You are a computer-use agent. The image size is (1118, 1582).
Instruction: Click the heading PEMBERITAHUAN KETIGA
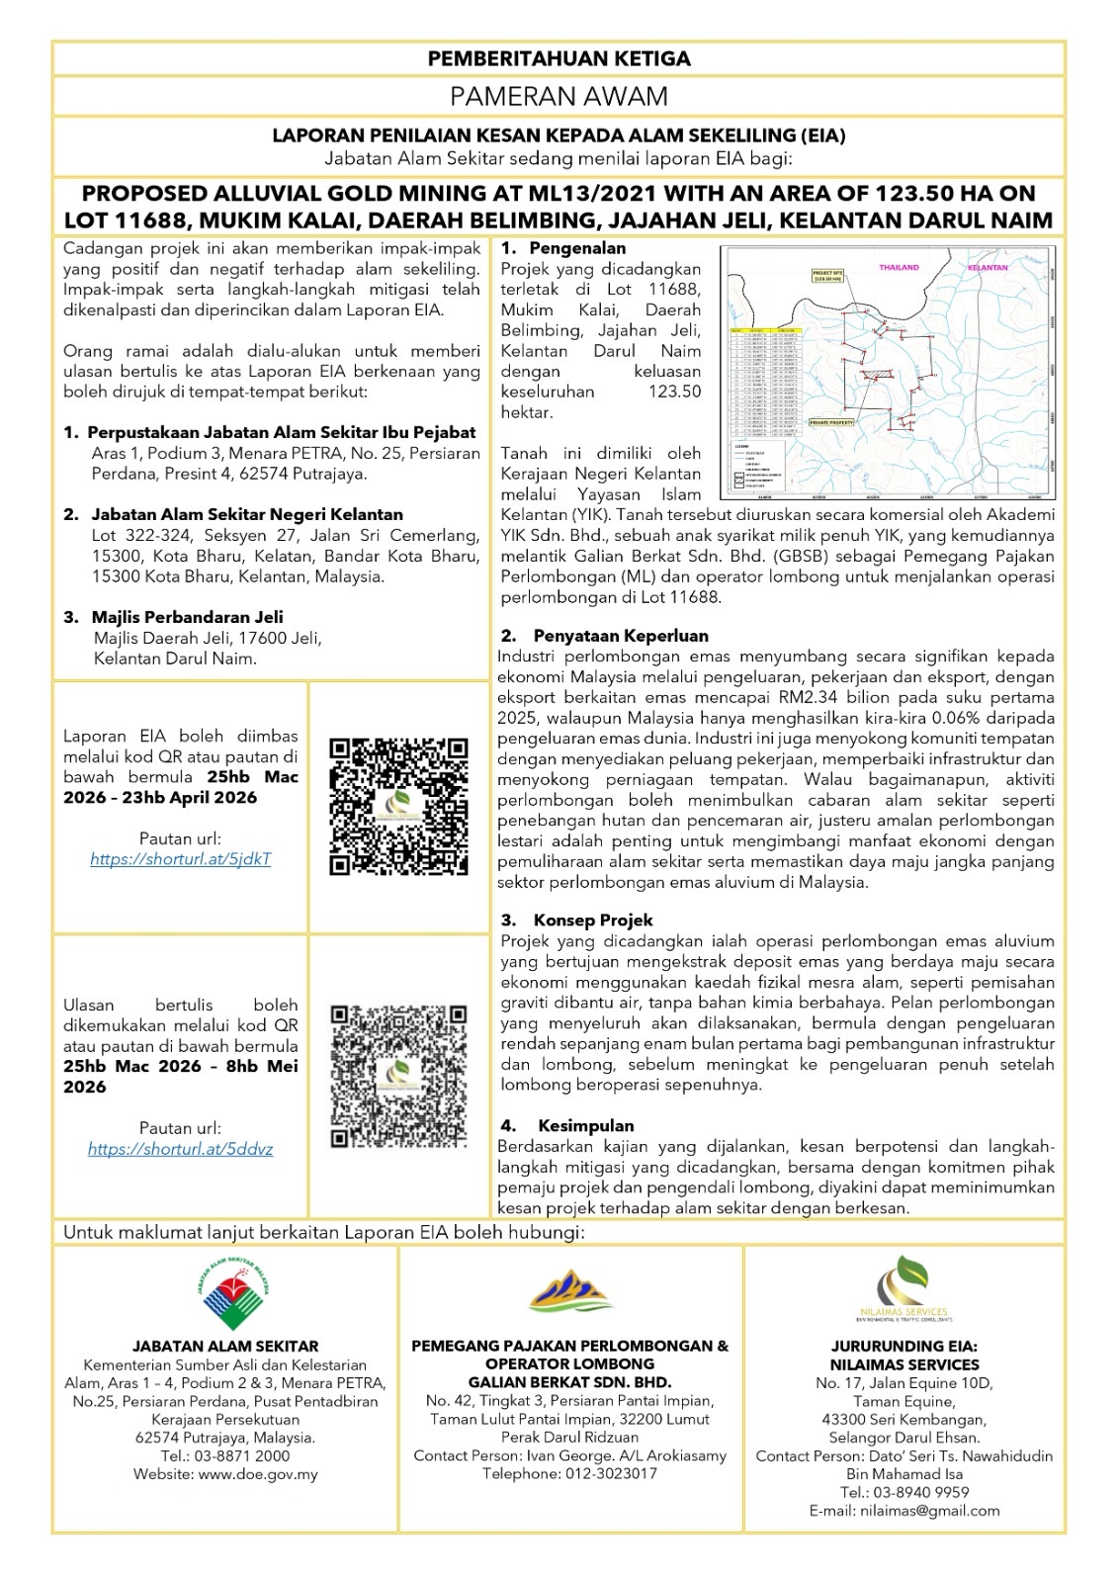[x=559, y=58]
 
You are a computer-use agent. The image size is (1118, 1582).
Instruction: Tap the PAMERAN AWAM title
[x=559, y=96]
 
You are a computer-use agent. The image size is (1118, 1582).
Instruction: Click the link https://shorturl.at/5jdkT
[x=180, y=859]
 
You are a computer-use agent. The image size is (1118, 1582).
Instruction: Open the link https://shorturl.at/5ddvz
[x=180, y=1149]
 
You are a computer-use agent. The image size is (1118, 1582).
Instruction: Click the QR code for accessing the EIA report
[x=398, y=805]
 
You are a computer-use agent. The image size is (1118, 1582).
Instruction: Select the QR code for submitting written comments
[x=398, y=1076]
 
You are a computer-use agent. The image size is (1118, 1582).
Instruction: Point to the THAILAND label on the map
[x=899, y=267]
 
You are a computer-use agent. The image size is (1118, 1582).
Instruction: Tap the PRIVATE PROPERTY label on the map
[x=831, y=421]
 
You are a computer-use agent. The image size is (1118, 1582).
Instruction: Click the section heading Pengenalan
[x=577, y=248]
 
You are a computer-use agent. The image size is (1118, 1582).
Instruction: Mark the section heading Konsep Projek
[x=593, y=921]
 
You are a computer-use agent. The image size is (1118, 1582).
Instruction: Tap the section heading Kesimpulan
[x=586, y=1126]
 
